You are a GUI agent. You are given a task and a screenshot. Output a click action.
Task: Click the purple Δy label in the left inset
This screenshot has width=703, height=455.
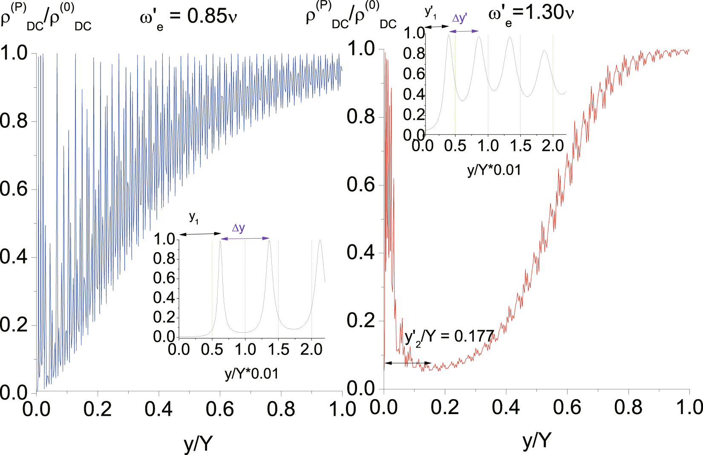pyautogui.click(x=238, y=228)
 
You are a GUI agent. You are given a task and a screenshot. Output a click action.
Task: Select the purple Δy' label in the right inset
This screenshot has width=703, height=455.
pyautogui.click(x=460, y=18)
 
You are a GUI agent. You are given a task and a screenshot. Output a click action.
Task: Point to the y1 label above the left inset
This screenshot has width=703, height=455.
pyautogui.click(x=194, y=217)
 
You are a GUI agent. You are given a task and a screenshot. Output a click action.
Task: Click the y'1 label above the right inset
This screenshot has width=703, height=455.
pyautogui.click(x=431, y=13)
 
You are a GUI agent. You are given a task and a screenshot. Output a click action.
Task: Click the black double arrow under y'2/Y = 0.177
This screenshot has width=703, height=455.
pyautogui.click(x=408, y=363)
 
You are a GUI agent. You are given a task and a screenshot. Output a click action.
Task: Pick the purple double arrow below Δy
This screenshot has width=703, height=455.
pyautogui.click(x=245, y=239)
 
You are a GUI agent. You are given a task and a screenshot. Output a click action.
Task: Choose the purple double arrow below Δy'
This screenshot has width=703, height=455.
pyautogui.click(x=464, y=31)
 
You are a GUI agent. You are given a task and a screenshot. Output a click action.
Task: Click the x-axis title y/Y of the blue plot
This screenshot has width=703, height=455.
pyautogui.click(x=198, y=443)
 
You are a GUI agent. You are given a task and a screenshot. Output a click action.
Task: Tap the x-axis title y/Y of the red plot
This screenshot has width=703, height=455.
pyautogui.click(x=536, y=440)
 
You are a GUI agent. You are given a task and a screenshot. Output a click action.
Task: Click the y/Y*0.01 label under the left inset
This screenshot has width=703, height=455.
pyautogui.click(x=251, y=374)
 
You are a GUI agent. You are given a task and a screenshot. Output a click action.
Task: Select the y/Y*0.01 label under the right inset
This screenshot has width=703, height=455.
pyautogui.click(x=494, y=170)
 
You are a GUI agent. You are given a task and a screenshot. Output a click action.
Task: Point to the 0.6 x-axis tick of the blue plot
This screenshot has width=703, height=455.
pyautogui.click(x=219, y=409)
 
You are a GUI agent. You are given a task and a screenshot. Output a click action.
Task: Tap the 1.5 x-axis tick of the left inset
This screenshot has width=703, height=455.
pyautogui.click(x=278, y=350)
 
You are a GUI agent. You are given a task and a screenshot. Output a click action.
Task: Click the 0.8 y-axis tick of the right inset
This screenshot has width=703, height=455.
pyautogui.click(x=414, y=54)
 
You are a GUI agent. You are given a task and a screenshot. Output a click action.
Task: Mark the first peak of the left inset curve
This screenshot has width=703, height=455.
pyautogui.click(x=220, y=241)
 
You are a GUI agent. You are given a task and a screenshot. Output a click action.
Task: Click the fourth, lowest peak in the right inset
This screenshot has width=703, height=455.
pyautogui.click(x=544, y=51)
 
